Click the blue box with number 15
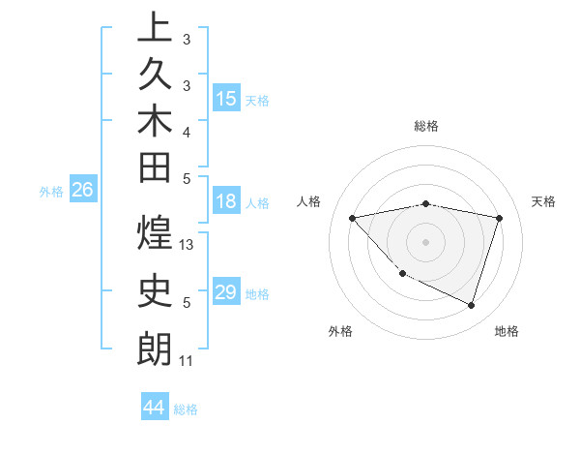tap(226, 99)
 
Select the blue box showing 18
tap(226, 202)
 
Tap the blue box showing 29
tap(226, 292)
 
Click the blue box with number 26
tap(83, 191)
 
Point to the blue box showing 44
tap(155, 408)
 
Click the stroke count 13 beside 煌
tap(188, 246)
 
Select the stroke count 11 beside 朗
tap(187, 361)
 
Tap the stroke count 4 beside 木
tap(187, 132)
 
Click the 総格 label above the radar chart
tap(426, 126)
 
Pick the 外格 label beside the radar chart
tap(340, 331)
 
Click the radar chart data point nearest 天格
tap(499, 218)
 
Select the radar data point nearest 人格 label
tap(353, 218)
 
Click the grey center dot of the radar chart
tap(426, 241)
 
